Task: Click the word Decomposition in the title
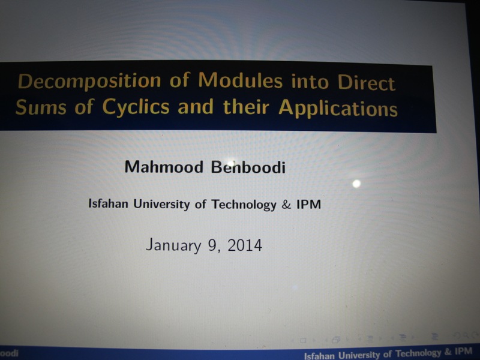[89, 81]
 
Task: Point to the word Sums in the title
[41, 107]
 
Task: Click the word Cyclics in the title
[136, 107]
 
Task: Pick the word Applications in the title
[338, 108]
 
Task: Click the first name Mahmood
[164, 167]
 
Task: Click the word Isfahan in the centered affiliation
[108, 203]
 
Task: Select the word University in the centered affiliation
[161, 204]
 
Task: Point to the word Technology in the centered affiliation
[244, 204]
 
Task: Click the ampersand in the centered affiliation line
[286, 205]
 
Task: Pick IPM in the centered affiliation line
[308, 205]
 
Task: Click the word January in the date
[173, 245]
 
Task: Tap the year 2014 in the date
[245, 245]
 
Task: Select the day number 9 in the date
[212, 245]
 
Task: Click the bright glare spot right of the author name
[356, 184]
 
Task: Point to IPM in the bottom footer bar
[463, 351]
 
